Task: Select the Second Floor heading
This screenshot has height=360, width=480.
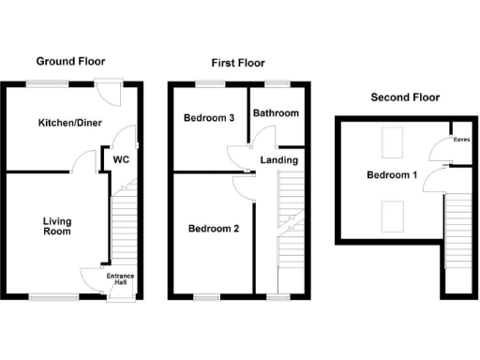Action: pos(405,97)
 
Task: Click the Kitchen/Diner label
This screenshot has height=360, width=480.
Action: pos(70,124)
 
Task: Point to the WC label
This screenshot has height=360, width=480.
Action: pos(120,160)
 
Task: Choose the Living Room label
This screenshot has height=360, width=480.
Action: pos(57,228)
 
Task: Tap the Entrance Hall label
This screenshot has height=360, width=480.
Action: pos(120,278)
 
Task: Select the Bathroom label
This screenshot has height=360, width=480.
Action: pos(276,113)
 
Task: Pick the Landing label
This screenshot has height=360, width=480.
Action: pos(279,160)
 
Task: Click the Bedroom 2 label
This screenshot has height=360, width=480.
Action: pos(215,228)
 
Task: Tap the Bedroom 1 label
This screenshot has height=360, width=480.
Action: pos(391,175)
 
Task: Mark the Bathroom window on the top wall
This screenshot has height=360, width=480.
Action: pos(277,85)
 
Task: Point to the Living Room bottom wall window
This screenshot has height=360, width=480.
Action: pos(43,297)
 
